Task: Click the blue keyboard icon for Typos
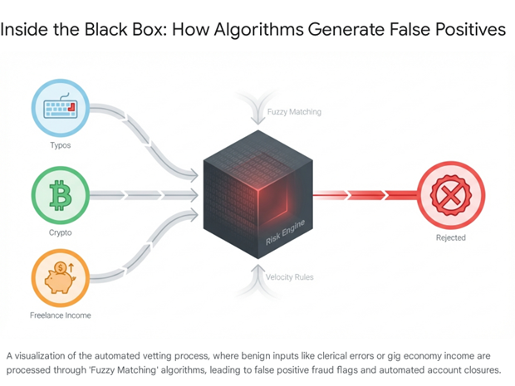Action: point(60,108)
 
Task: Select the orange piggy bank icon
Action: point(60,279)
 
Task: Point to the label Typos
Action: point(60,146)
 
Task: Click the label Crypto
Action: point(60,234)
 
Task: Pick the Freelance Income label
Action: point(60,315)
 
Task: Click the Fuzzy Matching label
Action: point(294,111)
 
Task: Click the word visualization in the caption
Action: point(46,355)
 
